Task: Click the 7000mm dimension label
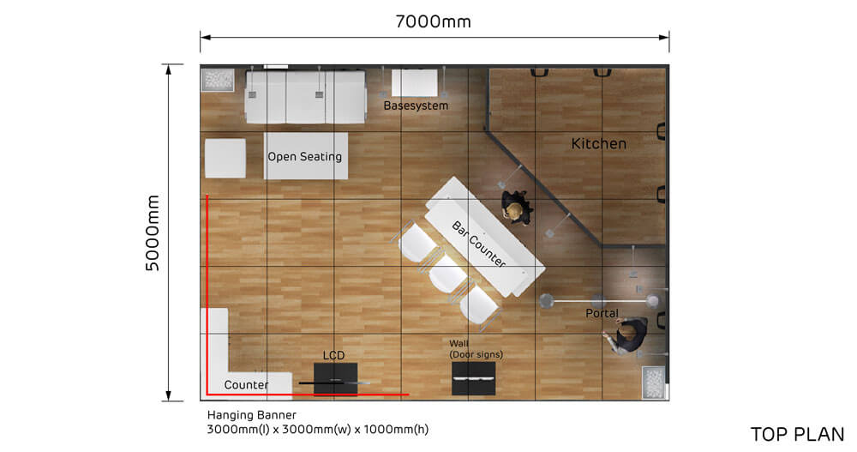[433, 21]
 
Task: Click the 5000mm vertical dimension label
[153, 232]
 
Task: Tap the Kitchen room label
[598, 144]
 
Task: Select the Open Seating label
[304, 156]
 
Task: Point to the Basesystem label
[416, 105]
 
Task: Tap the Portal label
[602, 313]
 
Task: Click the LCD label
[333, 354]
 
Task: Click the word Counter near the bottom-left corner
[246, 385]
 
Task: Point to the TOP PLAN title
[797, 434]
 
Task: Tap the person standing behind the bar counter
[515, 208]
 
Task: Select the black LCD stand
[335, 378]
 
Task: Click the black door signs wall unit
[473, 378]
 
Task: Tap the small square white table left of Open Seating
[225, 158]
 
